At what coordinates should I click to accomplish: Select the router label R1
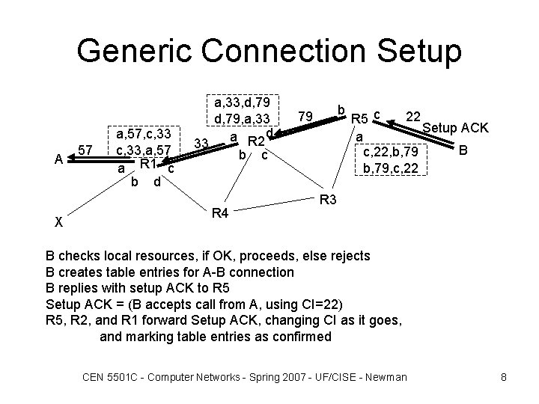(147, 164)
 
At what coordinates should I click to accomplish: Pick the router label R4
(219, 215)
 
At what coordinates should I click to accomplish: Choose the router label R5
(361, 118)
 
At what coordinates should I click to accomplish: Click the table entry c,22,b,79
(390, 153)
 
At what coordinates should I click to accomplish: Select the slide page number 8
(504, 376)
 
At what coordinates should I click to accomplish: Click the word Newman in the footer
(385, 376)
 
